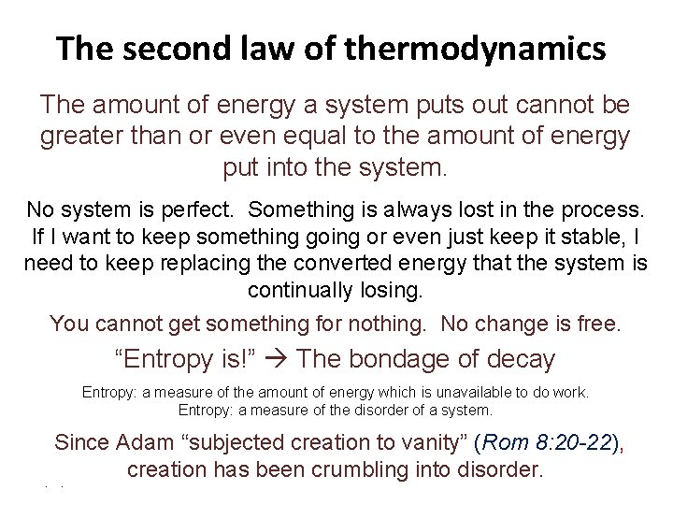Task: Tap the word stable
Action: pyautogui.click(x=595, y=236)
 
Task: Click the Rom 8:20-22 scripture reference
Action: pyautogui.click(x=546, y=442)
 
